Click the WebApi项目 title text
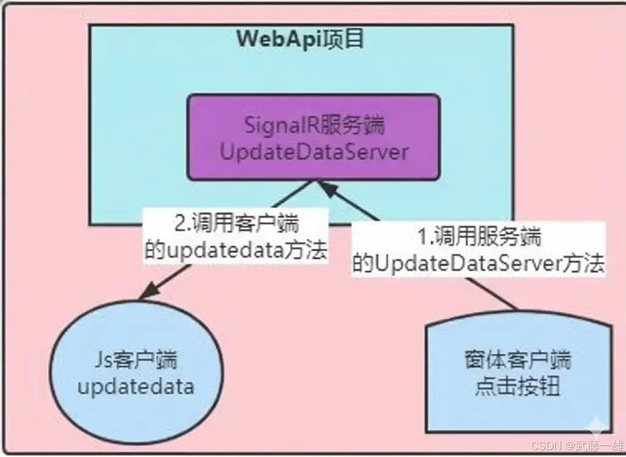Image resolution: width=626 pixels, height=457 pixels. pyautogui.click(x=300, y=39)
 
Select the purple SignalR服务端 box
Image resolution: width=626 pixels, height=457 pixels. pyautogui.click(x=313, y=137)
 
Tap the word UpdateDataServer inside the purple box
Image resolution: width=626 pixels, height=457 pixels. pyautogui.click(x=313, y=151)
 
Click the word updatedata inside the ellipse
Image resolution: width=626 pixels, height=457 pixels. pyautogui.click(x=136, y=386)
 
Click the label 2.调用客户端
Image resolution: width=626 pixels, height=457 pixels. pyautogui.click(x=237, y=225)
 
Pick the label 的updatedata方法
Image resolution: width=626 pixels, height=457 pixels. pyautogui.click(x=236, y=251)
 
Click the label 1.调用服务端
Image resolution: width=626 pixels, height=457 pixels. pyautogui.click(x=479, y=237)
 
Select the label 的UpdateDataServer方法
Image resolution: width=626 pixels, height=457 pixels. pyautogui.click(x=479, y=264)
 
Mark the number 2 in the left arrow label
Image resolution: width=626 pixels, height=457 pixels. pyautogui.click(x=180, y=225)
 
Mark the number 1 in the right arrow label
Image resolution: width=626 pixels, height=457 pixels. pyautogui.click(x=421, y=237)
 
